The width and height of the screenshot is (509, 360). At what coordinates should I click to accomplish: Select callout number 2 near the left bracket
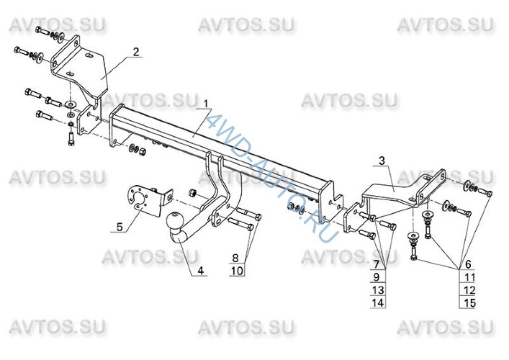pyautogui.click(x=135, y=52)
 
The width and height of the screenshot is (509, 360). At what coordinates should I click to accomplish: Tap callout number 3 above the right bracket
pyautogui.click(x=382, y=161)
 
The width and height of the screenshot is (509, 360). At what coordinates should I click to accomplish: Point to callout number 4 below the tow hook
pyautogui.click(x=201, y=271)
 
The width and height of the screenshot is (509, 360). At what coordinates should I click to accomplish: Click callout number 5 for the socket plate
pyautogui.click(x=120, y=227)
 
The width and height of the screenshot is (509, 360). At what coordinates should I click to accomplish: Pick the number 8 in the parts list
pyautogui.click(x=235, y=258)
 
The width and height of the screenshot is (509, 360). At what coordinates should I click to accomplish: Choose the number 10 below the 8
pyautogui.click(x=238, y=271)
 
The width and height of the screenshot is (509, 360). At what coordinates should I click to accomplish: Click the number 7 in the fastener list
pyautogui.click(x=377, y=264)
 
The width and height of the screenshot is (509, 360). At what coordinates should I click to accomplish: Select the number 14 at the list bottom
pyautogui.click(x=377, y=303)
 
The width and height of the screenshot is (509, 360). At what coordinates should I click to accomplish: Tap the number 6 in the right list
pyautogui.click(x=468, y=264)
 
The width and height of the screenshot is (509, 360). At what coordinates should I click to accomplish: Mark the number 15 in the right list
pyautogui.click(x=469, y=303)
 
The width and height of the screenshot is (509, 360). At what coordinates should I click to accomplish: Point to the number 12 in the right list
pyautogui.click(x=469, y=290)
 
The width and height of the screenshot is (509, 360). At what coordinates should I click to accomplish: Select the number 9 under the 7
pyautogui.click(x=377, y=277)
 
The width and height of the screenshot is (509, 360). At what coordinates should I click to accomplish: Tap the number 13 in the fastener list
pyautogui.click(x=377, y=290)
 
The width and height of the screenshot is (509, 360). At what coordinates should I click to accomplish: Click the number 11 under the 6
pyautogui.click(x=469, y=277)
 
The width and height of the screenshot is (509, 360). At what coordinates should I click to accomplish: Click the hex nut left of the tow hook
pyautogui.click(x=192, y=193)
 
